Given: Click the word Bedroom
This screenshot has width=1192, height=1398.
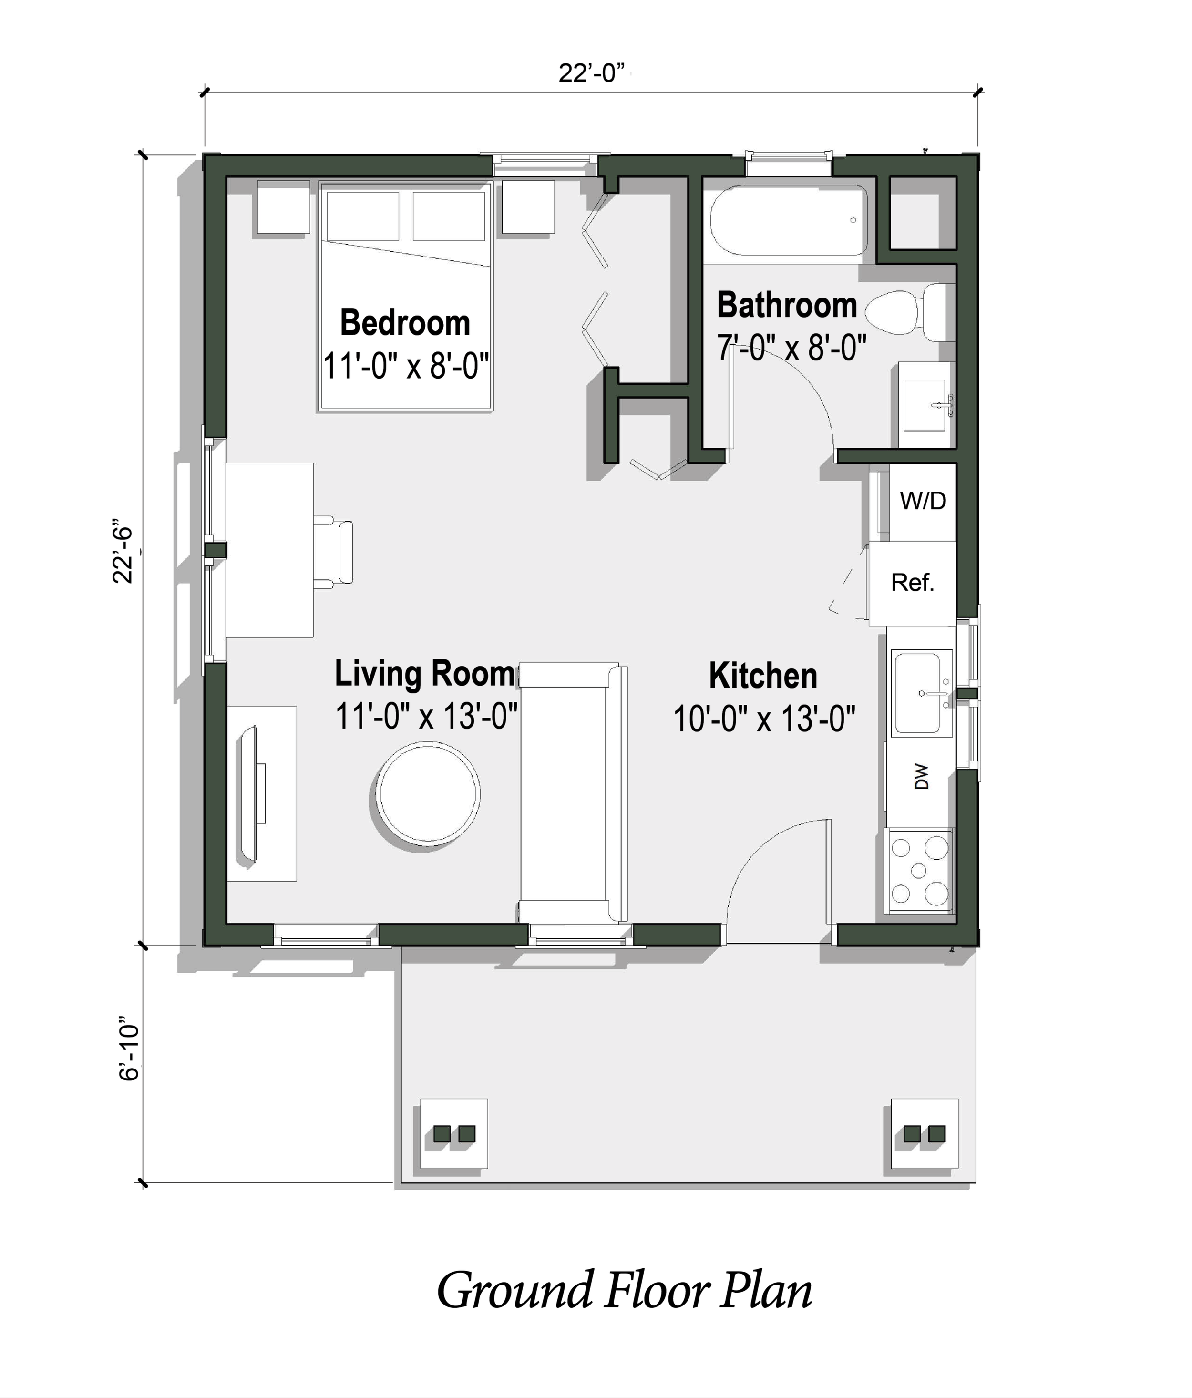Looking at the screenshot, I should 405,322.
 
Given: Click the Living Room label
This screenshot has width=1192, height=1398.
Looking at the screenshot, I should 425,673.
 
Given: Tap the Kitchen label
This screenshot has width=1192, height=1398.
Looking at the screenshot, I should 763,675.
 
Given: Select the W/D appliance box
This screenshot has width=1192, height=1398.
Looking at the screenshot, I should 922,501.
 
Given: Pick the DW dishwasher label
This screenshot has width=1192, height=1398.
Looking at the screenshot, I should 921,777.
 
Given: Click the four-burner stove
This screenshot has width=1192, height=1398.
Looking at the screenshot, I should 919,870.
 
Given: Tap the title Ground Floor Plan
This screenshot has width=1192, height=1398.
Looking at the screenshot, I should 624,1290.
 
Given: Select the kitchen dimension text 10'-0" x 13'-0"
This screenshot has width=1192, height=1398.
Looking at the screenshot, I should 764,719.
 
